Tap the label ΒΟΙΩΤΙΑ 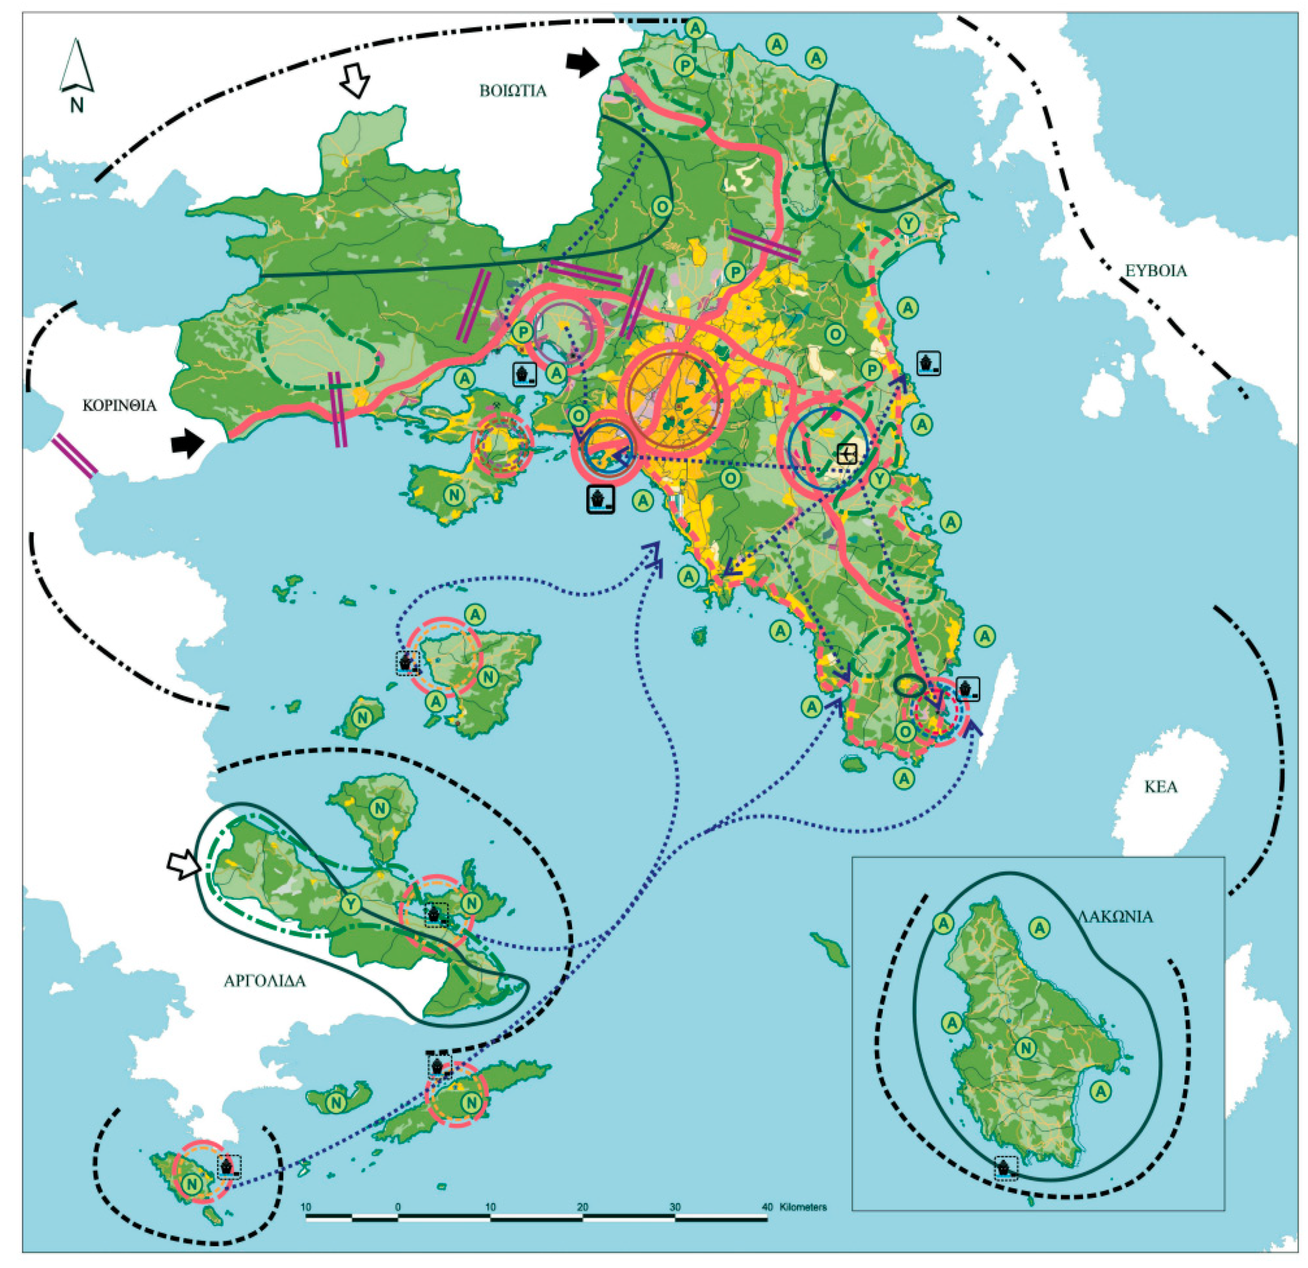click(512, 91)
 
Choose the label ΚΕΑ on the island click(1161, 787)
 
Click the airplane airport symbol click(847, 454)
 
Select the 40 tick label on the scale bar click(767, 1207)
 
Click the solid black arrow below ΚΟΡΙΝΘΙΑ click(187, 443)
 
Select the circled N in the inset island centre click(1026, 1048)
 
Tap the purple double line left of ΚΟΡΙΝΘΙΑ click(75, 456)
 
